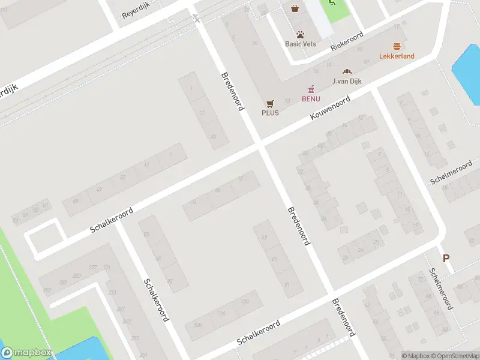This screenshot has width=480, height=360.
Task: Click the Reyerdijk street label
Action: (136, 10)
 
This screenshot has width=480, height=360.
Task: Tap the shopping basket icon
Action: (295, 8)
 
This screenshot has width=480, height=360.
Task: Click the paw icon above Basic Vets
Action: (299, 34)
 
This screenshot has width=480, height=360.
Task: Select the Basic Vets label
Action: (299, 44)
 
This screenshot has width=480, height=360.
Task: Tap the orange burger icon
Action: (397, 46)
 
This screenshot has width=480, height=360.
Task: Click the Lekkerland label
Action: (397, 56)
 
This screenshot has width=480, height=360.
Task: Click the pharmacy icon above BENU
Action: (311, 89)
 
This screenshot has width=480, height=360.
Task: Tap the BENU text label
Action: (311, 98)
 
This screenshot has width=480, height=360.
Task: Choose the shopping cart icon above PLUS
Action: (270, 103)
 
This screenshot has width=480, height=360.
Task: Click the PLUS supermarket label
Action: (270, 113)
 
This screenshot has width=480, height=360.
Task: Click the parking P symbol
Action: (446, 258)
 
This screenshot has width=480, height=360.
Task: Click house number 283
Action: (77, 275)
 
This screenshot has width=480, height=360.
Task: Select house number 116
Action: (221, 313)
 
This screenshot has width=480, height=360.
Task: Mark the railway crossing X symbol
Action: (196, 19)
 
